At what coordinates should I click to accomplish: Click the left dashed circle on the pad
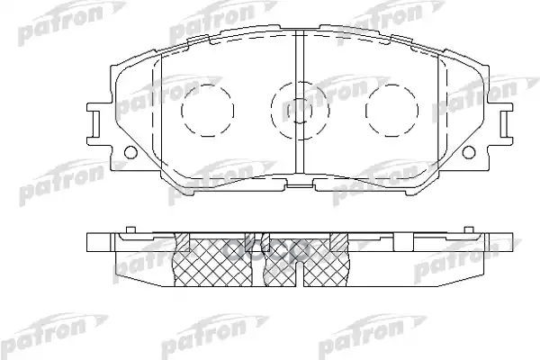[x=200, y=111]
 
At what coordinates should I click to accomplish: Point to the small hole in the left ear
[x=129, y=149]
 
